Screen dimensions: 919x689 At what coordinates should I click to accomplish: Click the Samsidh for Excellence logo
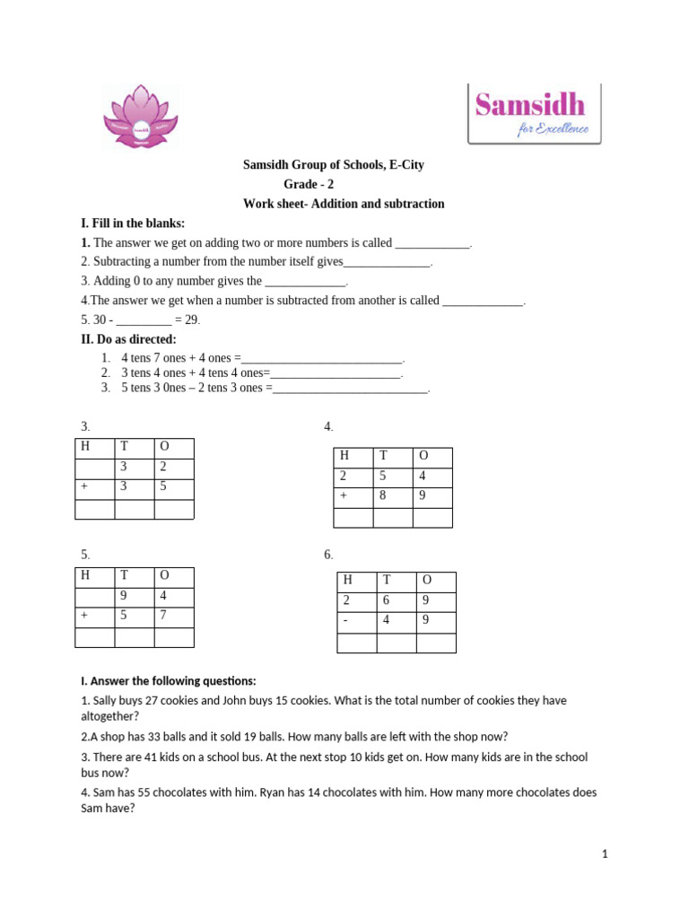pos(535,114)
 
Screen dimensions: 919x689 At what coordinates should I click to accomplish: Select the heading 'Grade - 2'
pos(309,185)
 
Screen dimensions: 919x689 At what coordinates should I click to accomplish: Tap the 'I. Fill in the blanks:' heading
pos(133,223)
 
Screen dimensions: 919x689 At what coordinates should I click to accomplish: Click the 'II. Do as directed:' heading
pos(129,339)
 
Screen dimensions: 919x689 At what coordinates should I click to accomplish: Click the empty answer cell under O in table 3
pos(174,509)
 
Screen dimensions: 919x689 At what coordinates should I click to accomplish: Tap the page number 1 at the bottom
pos(605,854)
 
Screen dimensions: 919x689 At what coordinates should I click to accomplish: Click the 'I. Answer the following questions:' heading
pos(168,680)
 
